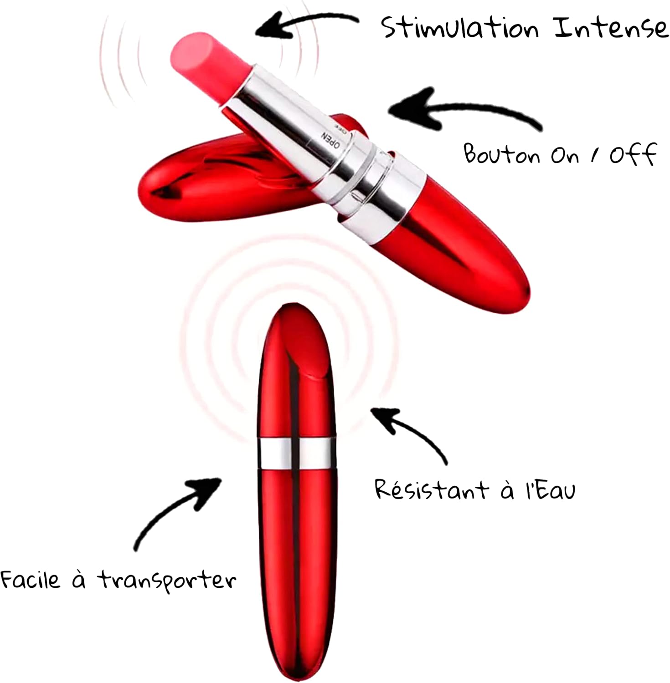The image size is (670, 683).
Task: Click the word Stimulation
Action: [x=460, y=28]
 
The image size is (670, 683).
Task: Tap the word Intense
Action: [x=611, y=28]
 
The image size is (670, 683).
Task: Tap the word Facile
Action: [x=30, y=580]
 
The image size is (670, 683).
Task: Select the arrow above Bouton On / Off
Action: [x=460, y=109]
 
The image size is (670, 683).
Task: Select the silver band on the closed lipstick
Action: [x=296, y=453]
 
